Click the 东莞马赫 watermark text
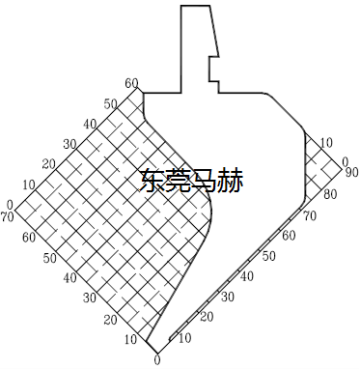pyautogui.click(x=190, y=180)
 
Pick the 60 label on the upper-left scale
pyautogui.click(x=131, y=83)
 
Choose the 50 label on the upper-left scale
pyautogui.click(x=111, y=103)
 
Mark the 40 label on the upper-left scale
pyautogui.click(x=91, y=124)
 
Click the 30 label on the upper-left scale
pyautogui.click(x=70, y=144)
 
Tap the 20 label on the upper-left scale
pyautogui.click(x=50, y=164)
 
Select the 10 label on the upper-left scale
pyautogui.click(x=30, y=184)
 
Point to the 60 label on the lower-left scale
pyautogui.click(x=29, y=237)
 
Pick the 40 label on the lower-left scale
pyautogui.click(x=69, y=278)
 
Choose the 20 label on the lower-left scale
pyautogui.click(x=110, y=319)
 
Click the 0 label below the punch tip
pyautogui.click(x=157, y=361)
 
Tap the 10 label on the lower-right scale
pyautogui.click(x=184, y=338)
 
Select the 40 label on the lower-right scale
pyautogui.click(x=246, y=277)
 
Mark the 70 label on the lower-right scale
pyautogui.click(x=309, y=215)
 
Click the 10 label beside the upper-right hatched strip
pyautogui.click(x=326, y=141)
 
